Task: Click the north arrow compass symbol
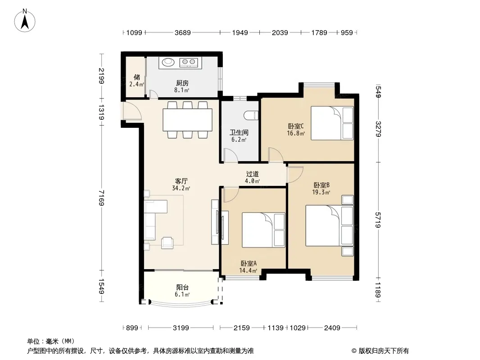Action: coord(25,21)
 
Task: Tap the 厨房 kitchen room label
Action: coord(182,83)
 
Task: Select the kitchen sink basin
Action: coord(168,63)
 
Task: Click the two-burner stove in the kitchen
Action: coord(189,63)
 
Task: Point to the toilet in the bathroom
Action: coord(251,115)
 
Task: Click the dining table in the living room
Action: coord(187,120)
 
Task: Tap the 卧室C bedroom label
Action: coord(295,126)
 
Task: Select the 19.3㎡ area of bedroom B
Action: coord(321,193)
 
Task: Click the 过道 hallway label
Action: coord(252,174)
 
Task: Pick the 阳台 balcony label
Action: coord(182,287)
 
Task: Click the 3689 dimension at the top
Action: coord(183,32)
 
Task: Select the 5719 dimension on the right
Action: coord(378,220)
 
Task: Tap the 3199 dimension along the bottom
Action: coord(181,328)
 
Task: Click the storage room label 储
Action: coord(136,77)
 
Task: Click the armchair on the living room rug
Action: coord(167,243)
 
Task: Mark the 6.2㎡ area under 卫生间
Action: coord(239,140)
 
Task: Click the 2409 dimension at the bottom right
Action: coord(332,328)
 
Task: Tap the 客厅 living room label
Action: coord(181,181)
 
